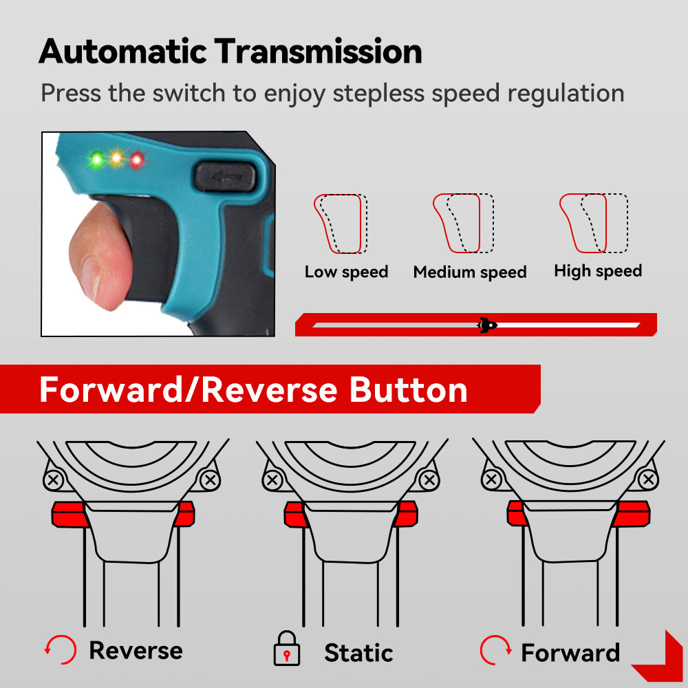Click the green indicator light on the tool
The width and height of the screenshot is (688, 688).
click(96, 159)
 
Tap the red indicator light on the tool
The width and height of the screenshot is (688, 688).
click(137, 160)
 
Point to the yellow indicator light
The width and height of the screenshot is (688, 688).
click(117, 158)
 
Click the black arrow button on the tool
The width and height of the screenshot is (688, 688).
click(225, 176)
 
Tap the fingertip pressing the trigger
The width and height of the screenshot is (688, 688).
click(100, 257)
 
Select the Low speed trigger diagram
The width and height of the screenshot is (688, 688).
click(341, 224)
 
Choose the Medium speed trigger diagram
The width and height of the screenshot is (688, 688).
click(463, 224)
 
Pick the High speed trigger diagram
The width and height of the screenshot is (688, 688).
click(594, 224)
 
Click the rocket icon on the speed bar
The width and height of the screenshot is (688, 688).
click(487, 325)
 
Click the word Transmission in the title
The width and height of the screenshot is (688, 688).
click(318, 52)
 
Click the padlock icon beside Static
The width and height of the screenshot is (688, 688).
click(287, 649)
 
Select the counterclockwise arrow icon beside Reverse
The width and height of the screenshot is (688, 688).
click(61, 650)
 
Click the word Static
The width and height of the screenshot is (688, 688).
click(358, 653)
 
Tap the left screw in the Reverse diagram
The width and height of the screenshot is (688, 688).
click(54, 480)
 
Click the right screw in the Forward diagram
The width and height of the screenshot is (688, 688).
click(648, 480)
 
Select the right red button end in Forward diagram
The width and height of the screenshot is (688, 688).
click(632, 513)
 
